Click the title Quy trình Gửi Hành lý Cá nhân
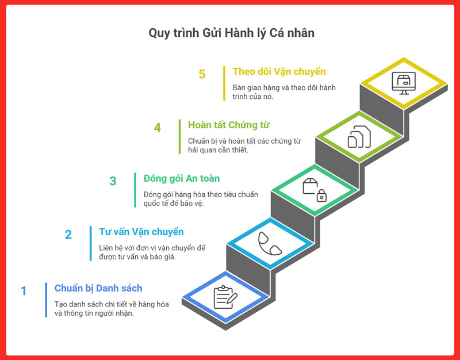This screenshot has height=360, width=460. [x=232, y=33]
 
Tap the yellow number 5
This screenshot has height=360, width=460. [x=202, y=74]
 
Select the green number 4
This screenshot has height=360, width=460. [x=157, y=128]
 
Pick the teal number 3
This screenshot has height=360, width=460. [x=113, y=181]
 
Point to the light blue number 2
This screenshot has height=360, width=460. [x=68, y=235]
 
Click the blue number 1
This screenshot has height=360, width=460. [x=24, y=291]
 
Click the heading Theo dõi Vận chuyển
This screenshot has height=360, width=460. [x=279, y=71]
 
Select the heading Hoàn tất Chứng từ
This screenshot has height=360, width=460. [x=228, y=125]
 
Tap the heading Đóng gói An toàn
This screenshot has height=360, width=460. [x=181, y=178]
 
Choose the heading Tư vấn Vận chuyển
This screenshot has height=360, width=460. [x=141, y=232]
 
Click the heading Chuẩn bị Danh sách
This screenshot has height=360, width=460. [x=98, y=288]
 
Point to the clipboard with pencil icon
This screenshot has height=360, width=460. [x=225, y=297]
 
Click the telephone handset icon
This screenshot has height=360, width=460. [x=270, y=243]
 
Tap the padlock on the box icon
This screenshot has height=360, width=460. [x=321, y=196]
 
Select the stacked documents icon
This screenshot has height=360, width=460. [x=359, y=136]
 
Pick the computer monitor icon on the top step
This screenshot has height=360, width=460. [x=404, y=83]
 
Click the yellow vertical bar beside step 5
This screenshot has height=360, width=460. [x=224, y=83]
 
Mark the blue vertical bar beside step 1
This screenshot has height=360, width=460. [x=46, y=300]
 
